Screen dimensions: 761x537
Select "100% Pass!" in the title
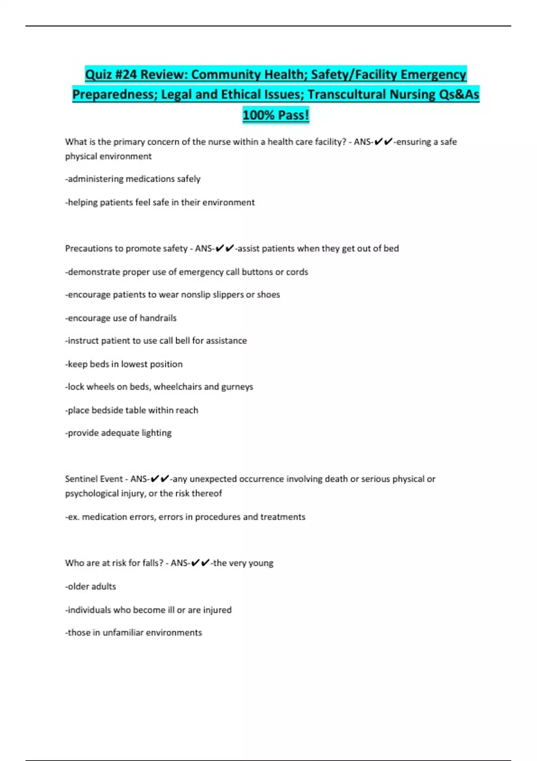276,115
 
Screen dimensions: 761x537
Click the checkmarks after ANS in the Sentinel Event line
160,479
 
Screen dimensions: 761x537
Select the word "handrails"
158,318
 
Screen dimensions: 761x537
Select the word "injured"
217,610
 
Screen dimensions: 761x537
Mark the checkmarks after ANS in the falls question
200,563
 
